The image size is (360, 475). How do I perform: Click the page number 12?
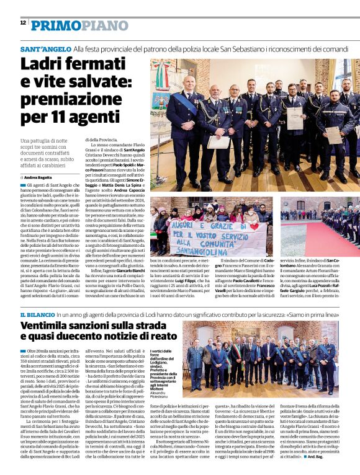23,22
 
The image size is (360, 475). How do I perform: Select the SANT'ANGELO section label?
45,48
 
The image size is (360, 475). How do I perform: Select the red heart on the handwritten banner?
254,226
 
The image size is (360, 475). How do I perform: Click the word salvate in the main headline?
88,82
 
